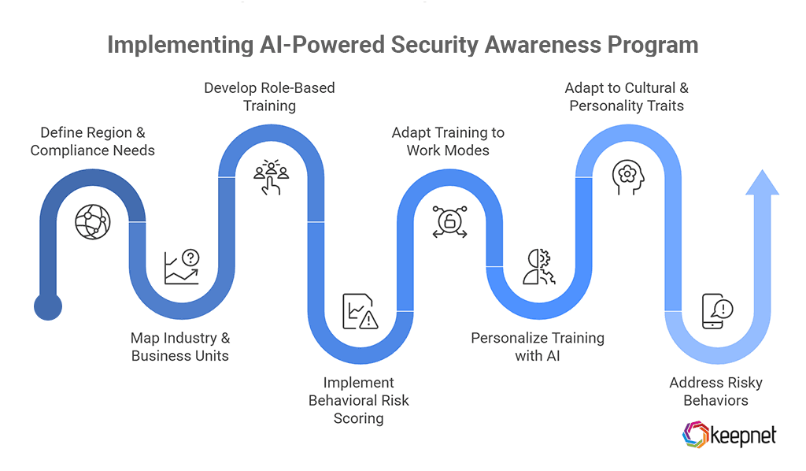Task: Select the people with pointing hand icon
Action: (x=271, y=176)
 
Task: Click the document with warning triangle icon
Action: (x=360, y=311)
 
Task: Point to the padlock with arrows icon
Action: (x=449, y=222)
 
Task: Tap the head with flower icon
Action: (x=627, y=177)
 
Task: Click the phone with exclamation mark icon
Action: (x=717, y=311)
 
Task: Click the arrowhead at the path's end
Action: (x=762, y=183)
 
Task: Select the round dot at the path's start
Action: (x=48, y=306)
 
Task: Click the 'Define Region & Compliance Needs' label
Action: (x=93, y=141)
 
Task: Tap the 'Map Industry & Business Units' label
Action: (x=180, y=347)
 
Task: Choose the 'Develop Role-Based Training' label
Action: (x=269, y=96)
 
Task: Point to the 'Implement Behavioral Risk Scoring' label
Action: (x=359, y=400)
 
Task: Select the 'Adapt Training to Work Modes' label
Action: (x=448, y=141)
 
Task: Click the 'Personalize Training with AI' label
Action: (x=538, y=347)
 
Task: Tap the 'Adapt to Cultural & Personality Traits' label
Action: (x=627, y=96)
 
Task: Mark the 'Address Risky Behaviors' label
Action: (x=715, y=391)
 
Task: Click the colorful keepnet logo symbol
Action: (x=696, y=435)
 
